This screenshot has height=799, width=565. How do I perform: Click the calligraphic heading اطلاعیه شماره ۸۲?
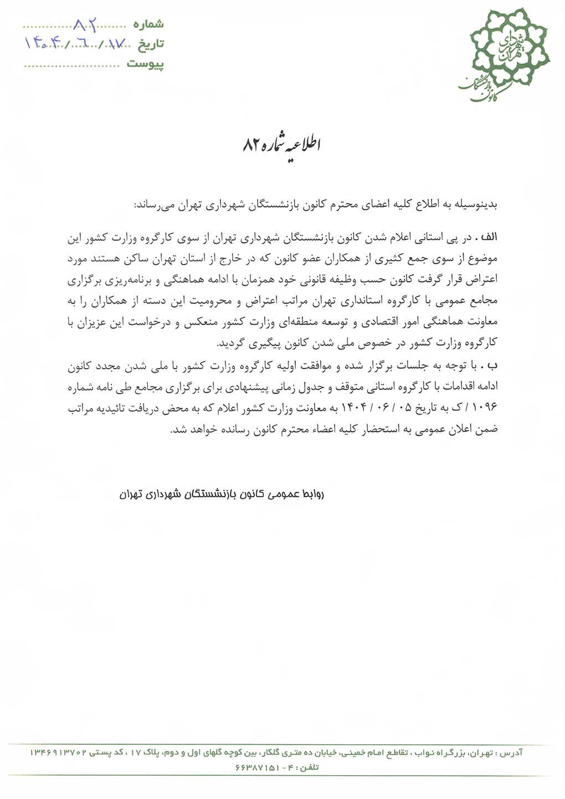click(282, 145)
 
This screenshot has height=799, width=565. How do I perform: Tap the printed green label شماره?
click(149, 24)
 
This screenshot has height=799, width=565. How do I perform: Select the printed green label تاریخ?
click(150, 44)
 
